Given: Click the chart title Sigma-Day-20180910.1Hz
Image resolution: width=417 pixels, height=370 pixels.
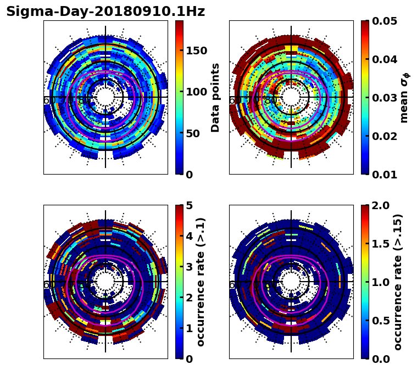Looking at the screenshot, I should click(x=105, y=12).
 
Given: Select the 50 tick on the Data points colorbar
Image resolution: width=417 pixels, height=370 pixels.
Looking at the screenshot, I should click(x=193, y=133).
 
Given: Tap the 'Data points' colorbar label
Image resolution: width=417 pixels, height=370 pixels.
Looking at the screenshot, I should click(x=215, y=97).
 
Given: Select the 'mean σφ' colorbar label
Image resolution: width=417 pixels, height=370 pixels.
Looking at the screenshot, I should click(x=404, y=98).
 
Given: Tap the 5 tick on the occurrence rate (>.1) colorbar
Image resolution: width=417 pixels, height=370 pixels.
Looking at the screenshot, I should click(x=190, y=205).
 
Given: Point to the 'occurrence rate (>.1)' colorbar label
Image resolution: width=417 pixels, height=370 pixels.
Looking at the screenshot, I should click(x=201, y=282).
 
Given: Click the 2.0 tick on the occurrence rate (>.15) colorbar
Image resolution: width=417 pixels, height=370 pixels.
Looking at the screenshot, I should click(x=379, y=205).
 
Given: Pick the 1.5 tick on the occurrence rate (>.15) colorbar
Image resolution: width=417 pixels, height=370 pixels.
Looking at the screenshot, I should click(x=379, y=244).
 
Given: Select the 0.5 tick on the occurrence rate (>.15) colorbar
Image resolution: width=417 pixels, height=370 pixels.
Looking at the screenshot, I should click(x=379, y=321).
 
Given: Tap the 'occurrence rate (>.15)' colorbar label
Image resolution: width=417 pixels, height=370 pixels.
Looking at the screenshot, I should click(x=398, y=282).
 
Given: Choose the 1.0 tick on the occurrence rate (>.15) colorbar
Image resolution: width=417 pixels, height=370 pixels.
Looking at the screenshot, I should click(x=379, y=282).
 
